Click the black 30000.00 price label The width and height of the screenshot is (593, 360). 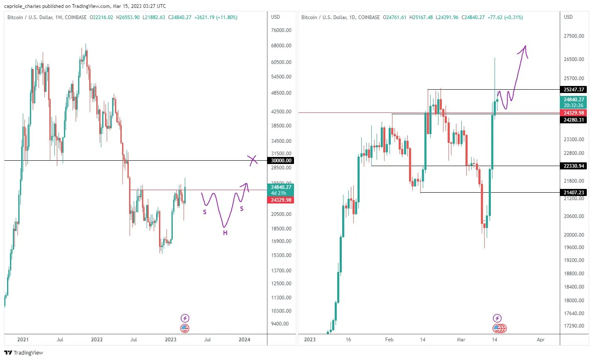point(281,161)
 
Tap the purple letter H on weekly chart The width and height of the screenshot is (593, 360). point(225,233)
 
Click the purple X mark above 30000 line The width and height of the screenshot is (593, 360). point(252,160)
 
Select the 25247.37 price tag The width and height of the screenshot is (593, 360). point(573,90)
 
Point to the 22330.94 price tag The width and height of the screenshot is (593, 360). point(573,166)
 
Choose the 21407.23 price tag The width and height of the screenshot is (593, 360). point(573,193)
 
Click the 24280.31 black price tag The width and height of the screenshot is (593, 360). point(573,120)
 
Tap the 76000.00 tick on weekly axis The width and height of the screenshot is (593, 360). point(281,30)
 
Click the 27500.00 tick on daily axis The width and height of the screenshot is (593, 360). point(573,36)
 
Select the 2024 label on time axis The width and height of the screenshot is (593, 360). point(244,340)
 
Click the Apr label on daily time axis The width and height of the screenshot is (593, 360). point(540,340)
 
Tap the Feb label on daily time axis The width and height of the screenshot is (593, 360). point(389,340)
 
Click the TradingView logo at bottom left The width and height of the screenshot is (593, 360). point(24,353)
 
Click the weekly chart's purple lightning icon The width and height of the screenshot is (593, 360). point(185,318)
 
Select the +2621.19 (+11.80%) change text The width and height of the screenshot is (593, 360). point(216,17)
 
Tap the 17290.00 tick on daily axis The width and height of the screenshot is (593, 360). point(573,326)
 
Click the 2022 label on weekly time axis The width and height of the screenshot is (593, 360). point(97,340)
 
